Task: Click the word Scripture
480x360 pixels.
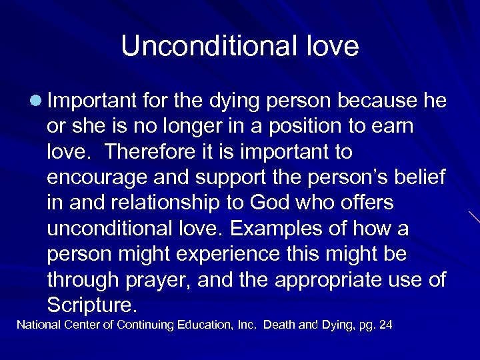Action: coord(92,305)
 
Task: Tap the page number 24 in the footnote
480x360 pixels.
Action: coord(385,325)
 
